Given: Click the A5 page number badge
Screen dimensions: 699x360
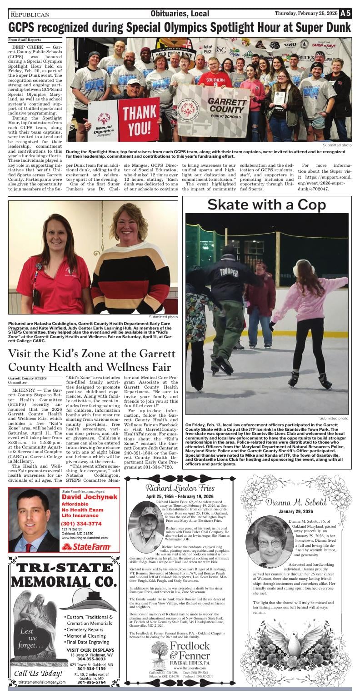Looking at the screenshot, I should [x=345, y=14].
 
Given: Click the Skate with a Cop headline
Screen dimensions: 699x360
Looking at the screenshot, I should [x=266, y=205].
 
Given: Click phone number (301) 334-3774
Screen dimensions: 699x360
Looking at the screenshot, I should [x=82, y=523].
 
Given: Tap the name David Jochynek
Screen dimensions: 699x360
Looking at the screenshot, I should [x=90, y=497].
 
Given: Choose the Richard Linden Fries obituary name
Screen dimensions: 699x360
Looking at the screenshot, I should [x=180, y=488].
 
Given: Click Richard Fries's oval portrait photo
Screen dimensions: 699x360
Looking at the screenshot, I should [x=146, y=527].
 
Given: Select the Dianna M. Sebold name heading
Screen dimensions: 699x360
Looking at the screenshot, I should [x=296, y=502].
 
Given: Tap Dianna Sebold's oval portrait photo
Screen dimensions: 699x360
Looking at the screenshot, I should [x=270, y=542].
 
